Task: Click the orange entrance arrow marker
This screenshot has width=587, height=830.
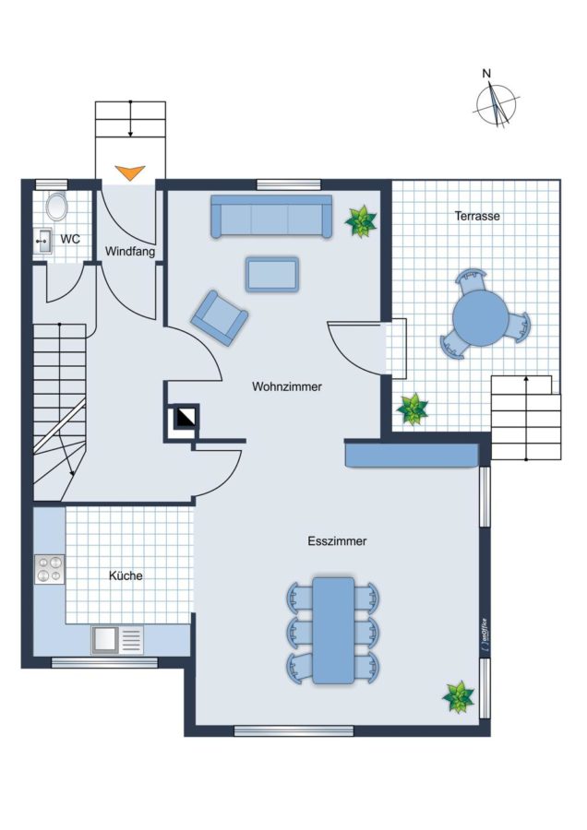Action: coord(130,173)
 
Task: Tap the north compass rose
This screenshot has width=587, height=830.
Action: coord(496,103)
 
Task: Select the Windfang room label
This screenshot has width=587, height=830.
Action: coord(130,251)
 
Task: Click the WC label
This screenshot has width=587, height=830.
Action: coord(70,239)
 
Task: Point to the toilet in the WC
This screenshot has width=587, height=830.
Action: coord(56,207)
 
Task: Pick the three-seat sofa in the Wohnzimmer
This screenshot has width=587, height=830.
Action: coord(271,216)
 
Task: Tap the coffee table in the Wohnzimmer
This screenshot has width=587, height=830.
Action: coord(271,274)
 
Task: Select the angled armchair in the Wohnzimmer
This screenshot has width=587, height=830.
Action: coord(220,317)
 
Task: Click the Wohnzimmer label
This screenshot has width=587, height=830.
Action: coord(287,387)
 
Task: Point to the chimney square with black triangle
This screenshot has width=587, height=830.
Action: coord(184,420)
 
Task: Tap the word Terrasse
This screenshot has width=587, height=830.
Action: coord(477,216)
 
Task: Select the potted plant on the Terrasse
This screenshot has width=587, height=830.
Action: coord(413,409)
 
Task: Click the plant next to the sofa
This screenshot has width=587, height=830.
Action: coord(361,220)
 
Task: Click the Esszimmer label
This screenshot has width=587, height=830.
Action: coord(337,541)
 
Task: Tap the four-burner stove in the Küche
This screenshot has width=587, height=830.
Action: coord(49,570)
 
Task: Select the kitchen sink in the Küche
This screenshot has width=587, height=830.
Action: coord(117,639)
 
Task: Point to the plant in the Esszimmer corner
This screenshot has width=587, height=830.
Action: coord(459,697)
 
